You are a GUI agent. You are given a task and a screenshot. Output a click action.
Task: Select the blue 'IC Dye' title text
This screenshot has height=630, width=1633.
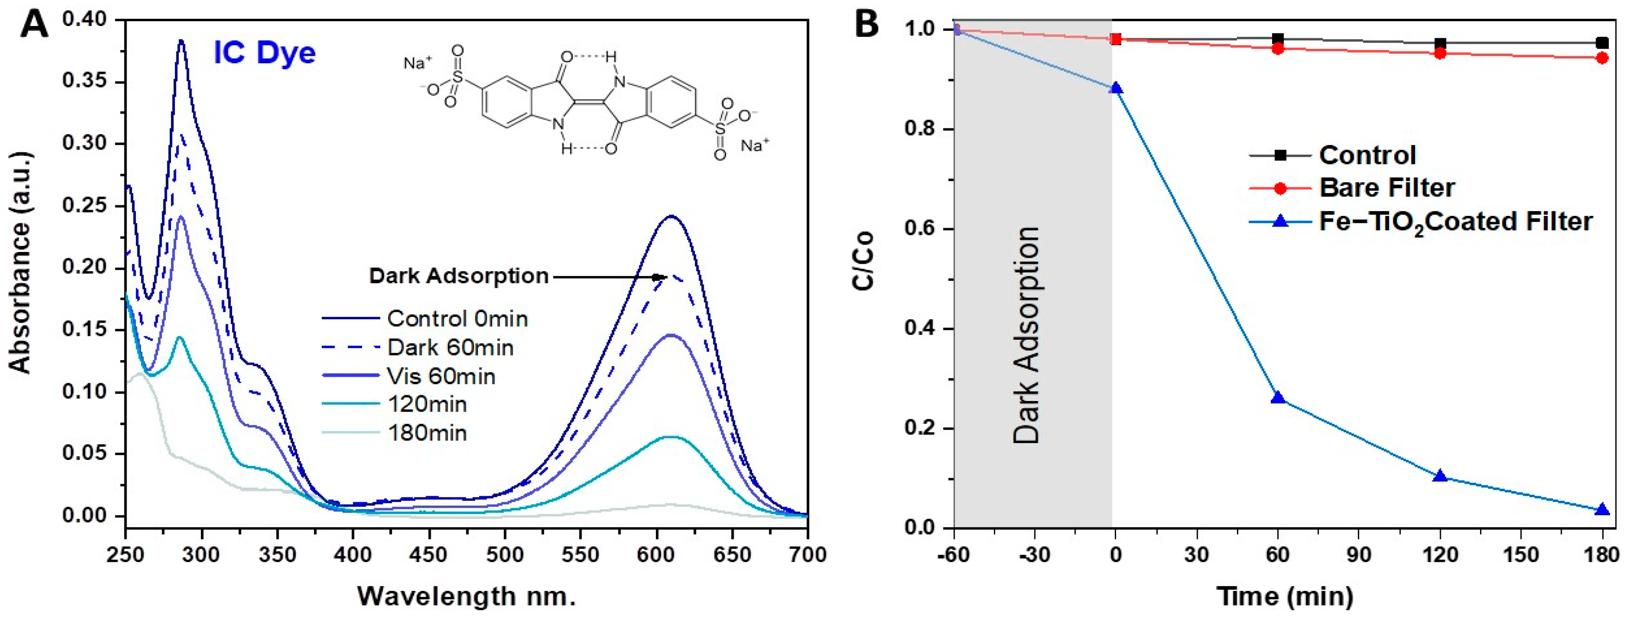[x=264, y=53]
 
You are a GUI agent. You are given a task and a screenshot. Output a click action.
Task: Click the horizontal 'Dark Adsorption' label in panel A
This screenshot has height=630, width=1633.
[x=459, y=277]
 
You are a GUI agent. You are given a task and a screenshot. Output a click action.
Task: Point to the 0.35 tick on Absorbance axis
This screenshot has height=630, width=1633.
[x=89, y=82]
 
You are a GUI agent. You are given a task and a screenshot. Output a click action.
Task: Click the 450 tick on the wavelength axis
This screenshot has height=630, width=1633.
[x=429, y=555]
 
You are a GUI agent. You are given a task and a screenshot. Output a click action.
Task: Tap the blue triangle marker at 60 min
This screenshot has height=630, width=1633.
[x=1278, y=398]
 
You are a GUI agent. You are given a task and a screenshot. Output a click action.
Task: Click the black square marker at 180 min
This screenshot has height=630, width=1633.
[x=1602, y=43]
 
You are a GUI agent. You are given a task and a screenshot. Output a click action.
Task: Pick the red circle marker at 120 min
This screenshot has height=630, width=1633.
[x=1440, y=53]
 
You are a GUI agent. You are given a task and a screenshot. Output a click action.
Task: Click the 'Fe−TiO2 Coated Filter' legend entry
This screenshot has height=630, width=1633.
[x=1455, y=222]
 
